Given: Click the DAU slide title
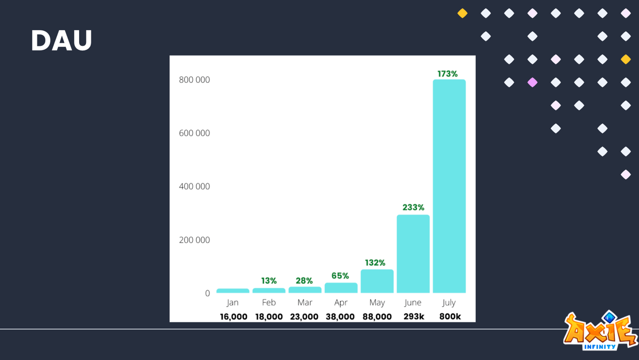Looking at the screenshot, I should pyautogui.click(x=61, y=40).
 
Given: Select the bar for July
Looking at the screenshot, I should pyautogui.click(x=449, y=186).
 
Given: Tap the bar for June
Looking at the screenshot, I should pyautogui.click(x=413, y=254).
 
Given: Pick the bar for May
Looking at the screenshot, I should pyautogui.click(x=377, y=281).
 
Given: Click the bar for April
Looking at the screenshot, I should pyautogui.click(x=341, y=287).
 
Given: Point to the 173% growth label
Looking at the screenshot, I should pyautogui.click(x=448, y=74).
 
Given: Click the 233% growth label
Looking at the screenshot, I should pyautogui.click(x=413, y=207).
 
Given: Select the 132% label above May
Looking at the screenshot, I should pyautogui.click(x=375, y=263).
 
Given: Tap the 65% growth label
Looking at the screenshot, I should pyautogui.click(x=340, y=276).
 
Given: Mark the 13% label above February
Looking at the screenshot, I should pyautogui.click(x=269, y=281).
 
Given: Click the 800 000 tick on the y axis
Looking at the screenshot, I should pyautogui.click(x=194, y=80).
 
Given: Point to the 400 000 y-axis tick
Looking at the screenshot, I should pyautogui.click(x=194, y=186).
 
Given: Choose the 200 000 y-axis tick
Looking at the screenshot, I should pyautogui.click(x=194, y=240).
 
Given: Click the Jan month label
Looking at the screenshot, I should pyautogui.click(x=233, y=302).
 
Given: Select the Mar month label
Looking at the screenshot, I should pyautogui.click(x=305, y=302).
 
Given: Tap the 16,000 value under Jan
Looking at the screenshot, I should pyautogui.click(x=234, y=317).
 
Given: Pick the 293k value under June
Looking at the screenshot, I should pyautogui.click(x=414, y=317).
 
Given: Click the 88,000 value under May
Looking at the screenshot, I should pyautogui.click(x=377, y=317).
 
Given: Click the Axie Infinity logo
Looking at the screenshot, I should pyautogui.click(x=600, y=331).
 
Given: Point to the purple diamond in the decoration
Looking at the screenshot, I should pyautogui.click(x=532, y=82).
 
